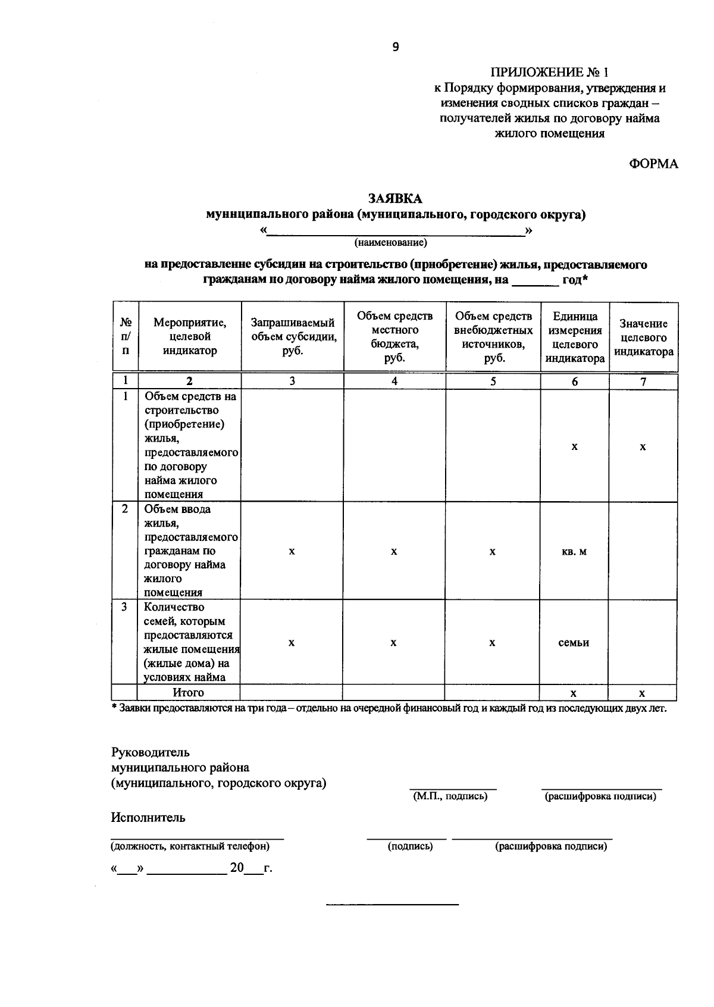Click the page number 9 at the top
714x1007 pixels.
click(396, 48)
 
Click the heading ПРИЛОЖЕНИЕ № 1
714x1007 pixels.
click(549, 73)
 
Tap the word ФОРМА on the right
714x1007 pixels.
click(653, 164)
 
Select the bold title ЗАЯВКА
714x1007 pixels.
click(395, 199)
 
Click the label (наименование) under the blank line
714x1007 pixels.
click(391, 243)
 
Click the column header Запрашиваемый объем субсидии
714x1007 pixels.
click(292, 336)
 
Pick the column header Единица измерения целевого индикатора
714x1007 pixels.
click(574, 337)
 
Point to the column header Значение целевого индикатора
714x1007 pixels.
click(643, 337)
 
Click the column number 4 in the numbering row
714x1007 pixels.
click(394, 381)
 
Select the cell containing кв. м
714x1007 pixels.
click(574, 551)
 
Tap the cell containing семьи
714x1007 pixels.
click(574, 643)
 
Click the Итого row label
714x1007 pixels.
click(188, 693)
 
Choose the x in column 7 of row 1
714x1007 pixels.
click(643, 446)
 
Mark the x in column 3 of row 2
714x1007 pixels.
click(292, 552)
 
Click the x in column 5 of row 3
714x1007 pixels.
click(492, 643)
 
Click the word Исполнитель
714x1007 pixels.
click(148, 817)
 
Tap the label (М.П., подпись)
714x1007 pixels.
click(450, 796)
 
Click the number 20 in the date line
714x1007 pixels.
click(237, 868)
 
